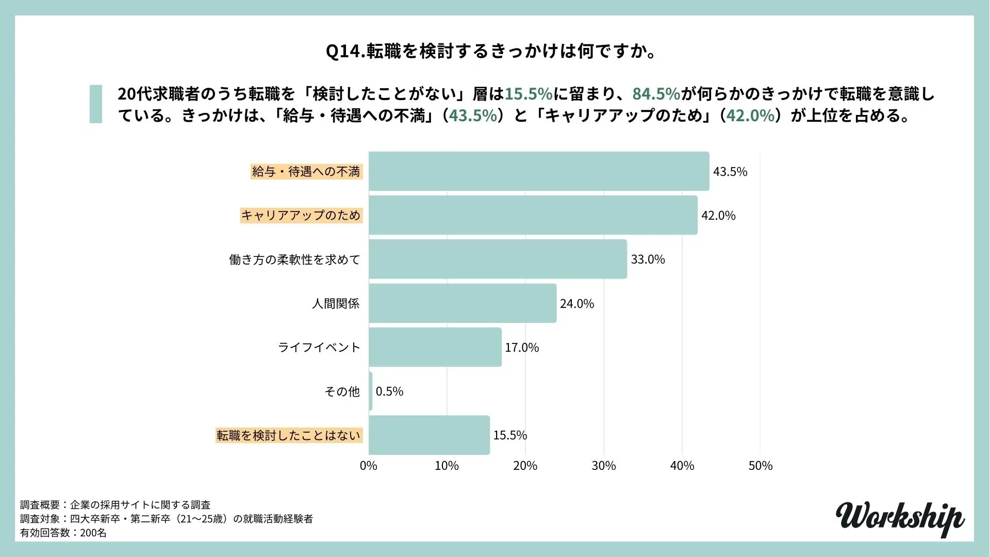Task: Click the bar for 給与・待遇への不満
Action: coord(539,171)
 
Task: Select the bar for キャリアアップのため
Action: coord(533,215)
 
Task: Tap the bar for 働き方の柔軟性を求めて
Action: coord(498,259)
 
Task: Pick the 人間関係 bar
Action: coord(463,303)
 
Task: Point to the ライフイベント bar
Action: coord(435,347)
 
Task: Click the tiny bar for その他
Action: coord(371,391)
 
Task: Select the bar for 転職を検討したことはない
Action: coord(429,435)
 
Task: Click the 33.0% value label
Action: coord(648,259)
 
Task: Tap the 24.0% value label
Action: coord(577,304)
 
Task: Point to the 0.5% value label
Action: coord(389,391)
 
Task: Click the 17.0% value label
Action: coord(522,348)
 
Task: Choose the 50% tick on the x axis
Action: coord(760,466)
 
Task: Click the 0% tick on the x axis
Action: coord(368,466)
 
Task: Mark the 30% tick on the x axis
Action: coord(603,466)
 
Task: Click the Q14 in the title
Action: coord(344,52)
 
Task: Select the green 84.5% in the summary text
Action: coord(656,94)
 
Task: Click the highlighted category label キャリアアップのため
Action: coord(301,215)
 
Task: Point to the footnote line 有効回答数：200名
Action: coord(63,533)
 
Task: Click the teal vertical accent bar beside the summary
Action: coord(96,104)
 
